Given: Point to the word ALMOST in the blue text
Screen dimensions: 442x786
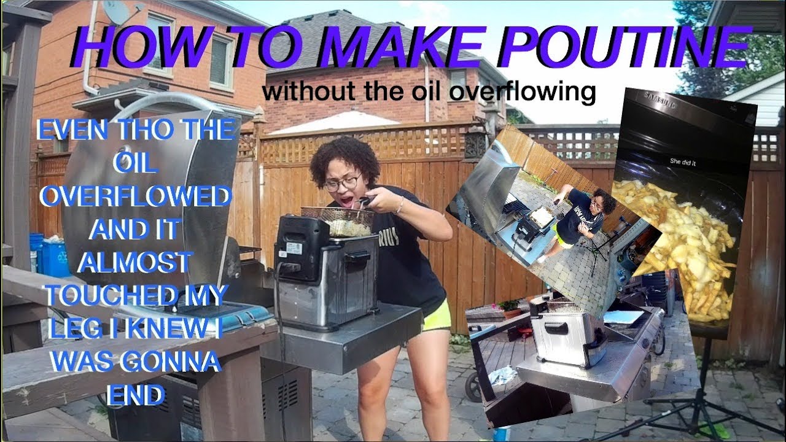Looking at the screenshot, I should click(x=134, y=262).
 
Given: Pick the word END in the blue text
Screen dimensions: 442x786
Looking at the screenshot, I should click(x=136, y=395).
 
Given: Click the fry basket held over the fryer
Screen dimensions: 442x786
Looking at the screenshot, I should click(x=337, y=221).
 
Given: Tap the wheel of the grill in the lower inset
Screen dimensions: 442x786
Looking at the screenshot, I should click(x=473, y=386).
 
